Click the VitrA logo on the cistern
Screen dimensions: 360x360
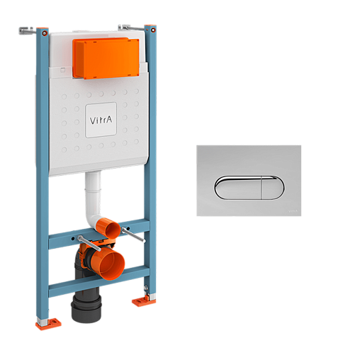pos(101,120)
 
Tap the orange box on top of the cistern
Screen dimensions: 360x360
pos(106,58)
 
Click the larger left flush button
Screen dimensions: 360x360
pos(238,188)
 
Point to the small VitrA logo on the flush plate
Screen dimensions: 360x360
pos(293,211)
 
